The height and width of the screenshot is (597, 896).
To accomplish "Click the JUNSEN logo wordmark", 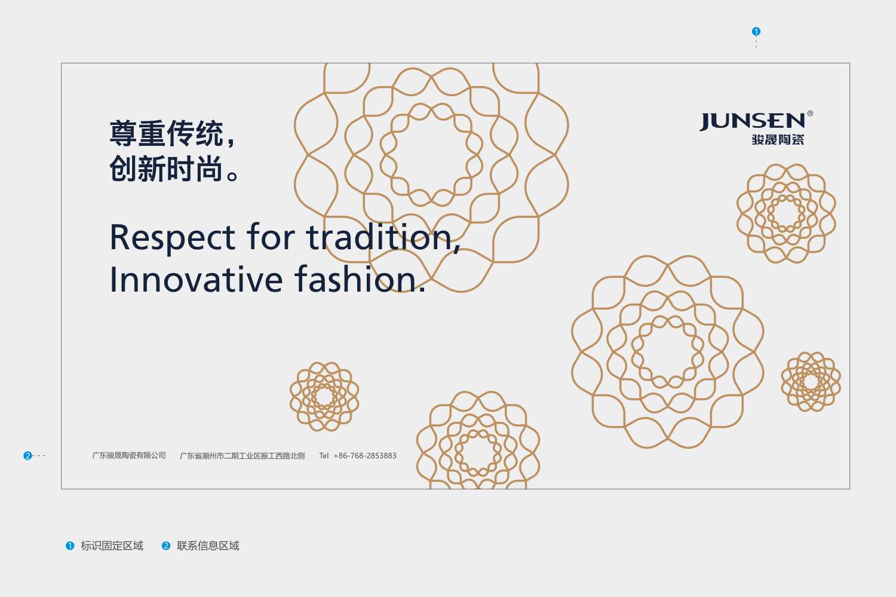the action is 753,121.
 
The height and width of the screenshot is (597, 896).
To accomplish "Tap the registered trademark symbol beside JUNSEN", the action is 810,114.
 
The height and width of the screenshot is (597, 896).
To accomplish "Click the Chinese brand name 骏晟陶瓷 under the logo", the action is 778,140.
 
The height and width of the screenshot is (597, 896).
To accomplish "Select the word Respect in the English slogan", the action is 173,239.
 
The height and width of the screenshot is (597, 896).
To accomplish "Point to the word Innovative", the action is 196,279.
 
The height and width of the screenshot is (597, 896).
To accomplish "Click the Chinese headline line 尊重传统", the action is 173,134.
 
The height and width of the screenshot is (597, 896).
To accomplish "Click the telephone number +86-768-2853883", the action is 365,456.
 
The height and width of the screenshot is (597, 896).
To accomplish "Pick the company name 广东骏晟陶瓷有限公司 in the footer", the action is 129,455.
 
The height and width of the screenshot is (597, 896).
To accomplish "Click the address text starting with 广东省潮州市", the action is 243,456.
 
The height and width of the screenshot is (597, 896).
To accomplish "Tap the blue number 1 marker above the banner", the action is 756,31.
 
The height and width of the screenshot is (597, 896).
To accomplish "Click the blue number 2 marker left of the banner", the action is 27,456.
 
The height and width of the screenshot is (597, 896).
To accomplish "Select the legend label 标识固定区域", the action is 112,546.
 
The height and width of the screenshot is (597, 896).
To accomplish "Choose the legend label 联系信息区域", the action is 208,546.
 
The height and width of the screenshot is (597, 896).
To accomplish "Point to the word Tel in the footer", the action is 324,456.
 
